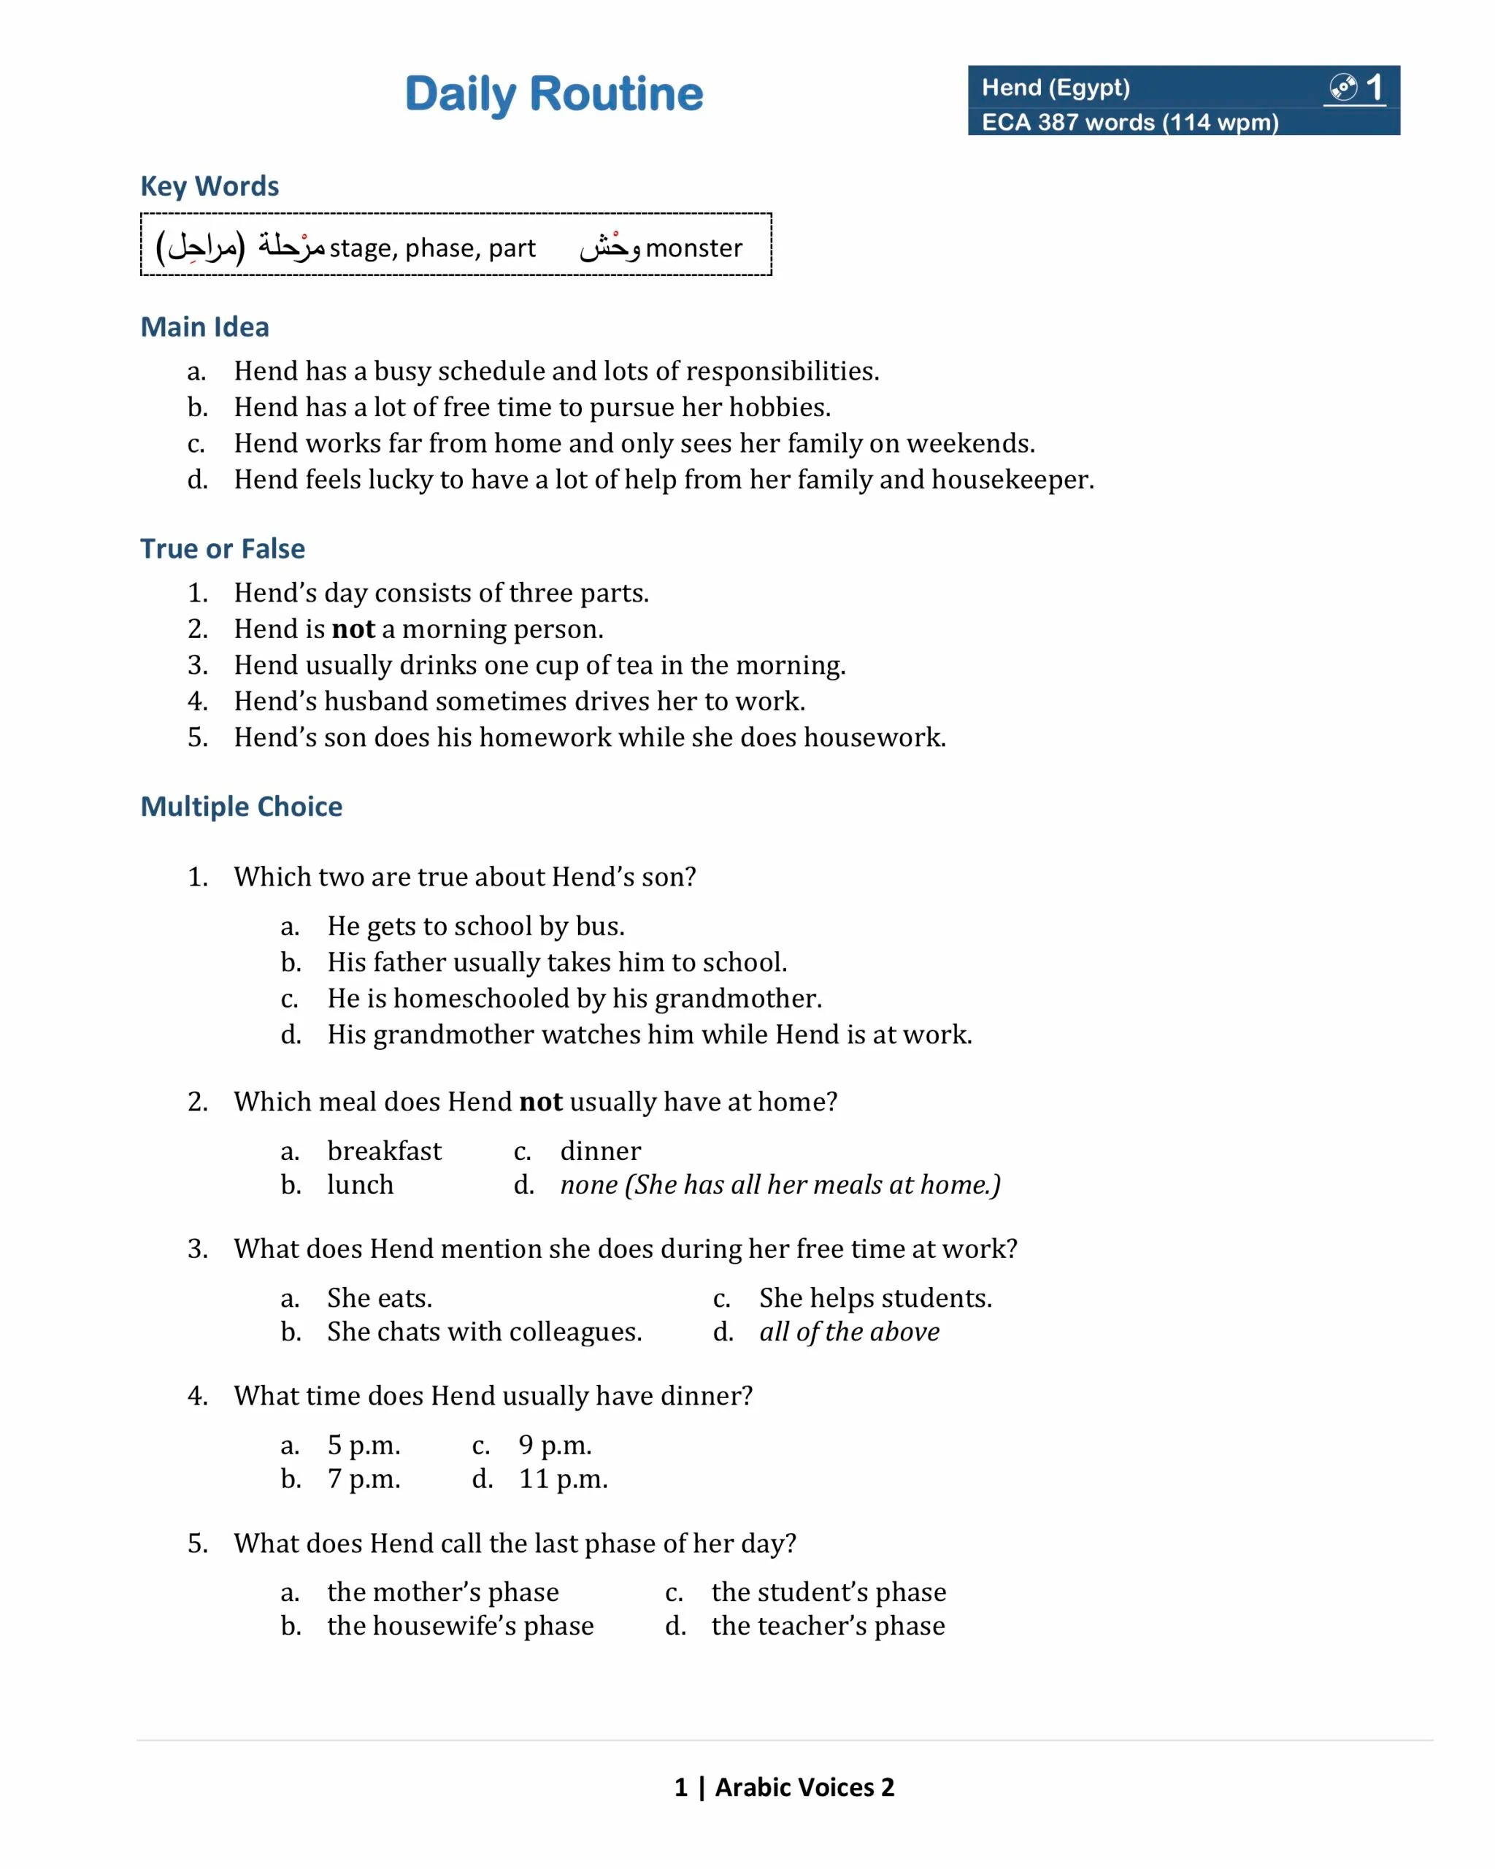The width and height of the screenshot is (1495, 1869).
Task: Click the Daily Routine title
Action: (x=554, y=93)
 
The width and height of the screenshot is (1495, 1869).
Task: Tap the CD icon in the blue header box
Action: (x=1342, y=87)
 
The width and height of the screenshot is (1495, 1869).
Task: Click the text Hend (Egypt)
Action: (x=1055, y=88)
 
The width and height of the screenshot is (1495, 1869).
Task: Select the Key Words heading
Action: (x=210, y=185)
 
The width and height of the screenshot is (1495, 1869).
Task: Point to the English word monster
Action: (x=693, y=248)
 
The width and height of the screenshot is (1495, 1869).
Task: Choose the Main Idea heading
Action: (x=204, y=327)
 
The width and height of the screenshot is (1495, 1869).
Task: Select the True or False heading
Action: (x=223, y=549)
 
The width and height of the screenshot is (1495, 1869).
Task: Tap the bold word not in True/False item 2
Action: (x=353, y=629)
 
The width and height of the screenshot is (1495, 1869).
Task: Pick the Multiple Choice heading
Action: (x=241, y=806)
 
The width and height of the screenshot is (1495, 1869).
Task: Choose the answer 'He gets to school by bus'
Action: (x=475, y=926)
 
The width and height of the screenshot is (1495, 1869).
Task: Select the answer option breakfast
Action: (x=384, y=1151)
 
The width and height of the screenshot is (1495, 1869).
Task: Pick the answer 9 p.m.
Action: (x=555, y=1444)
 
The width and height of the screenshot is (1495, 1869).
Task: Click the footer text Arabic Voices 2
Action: (x=804, y=1787)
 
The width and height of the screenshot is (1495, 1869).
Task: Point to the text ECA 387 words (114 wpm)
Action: (x=1129, y=122)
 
